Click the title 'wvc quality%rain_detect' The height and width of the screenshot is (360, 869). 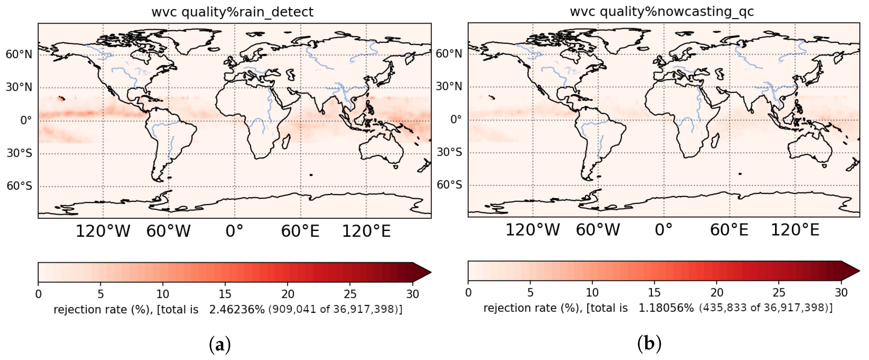click(232, 12)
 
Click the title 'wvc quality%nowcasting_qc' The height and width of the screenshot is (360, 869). click(662, 12)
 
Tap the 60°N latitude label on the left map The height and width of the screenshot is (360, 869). click(18, 54)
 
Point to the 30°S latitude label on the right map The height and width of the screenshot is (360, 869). click(449, 152)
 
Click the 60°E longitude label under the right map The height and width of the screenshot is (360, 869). click(729, 230)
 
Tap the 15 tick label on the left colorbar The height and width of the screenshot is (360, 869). click(225, 294)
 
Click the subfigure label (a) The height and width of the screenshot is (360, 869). click(220, 345)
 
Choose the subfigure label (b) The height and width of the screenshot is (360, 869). click(649, 344)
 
